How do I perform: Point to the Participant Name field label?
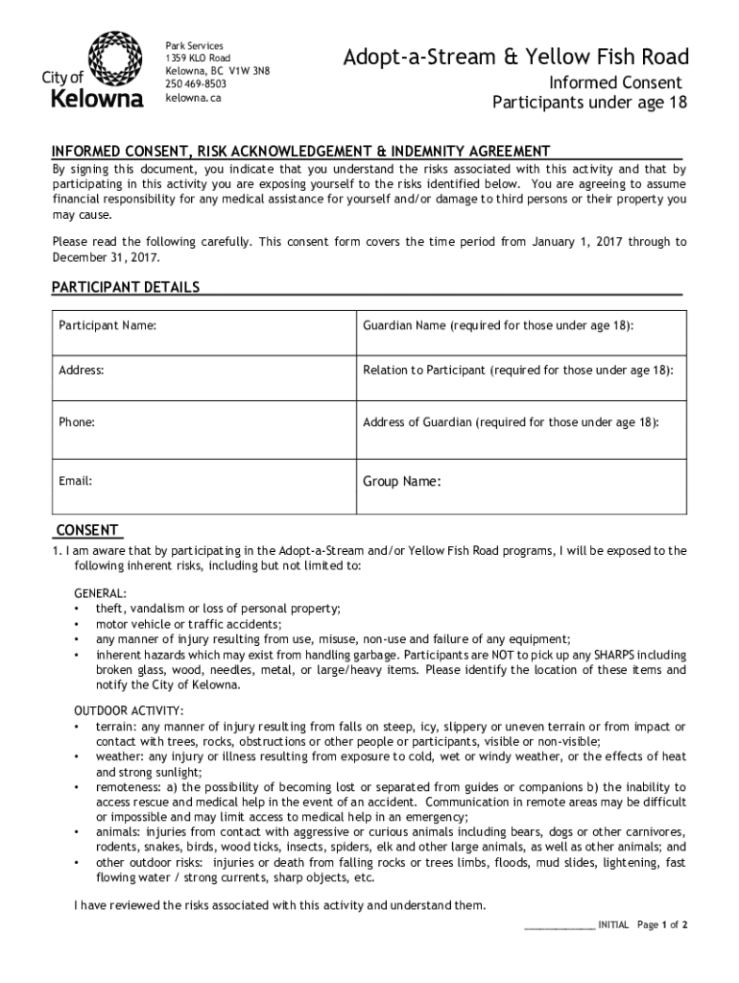coord(107,326)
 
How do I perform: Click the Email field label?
coord(76,481)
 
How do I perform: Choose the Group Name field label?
coord(401,481)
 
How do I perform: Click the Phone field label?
coord(77,421)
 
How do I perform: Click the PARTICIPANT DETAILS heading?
coord(126,287)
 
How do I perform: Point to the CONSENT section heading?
coord(87,530)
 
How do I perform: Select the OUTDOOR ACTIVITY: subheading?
coord(130,710)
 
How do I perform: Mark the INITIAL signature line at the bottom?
coord(559,926)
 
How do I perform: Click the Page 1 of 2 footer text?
coord(662,925)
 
